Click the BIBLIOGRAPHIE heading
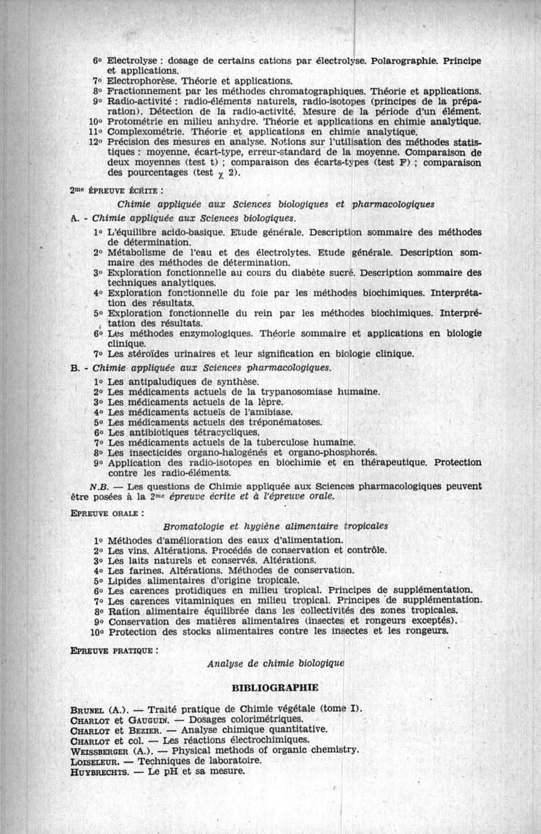tap(275, 688)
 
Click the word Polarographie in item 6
tap(403, 60)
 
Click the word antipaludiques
tap(158, 381)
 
